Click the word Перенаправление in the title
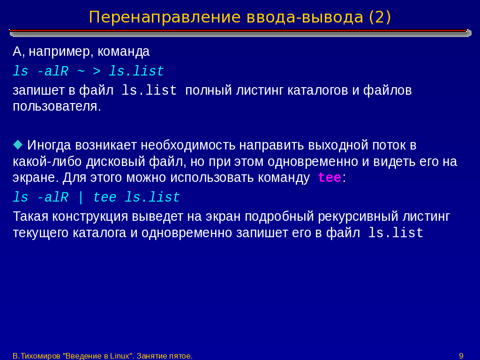coord(165,17)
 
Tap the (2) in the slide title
coord(380,17)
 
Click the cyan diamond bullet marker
coord(18,144)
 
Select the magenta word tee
coord(330,178)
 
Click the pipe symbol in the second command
coord(81,197)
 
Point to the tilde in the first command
coord(81,71)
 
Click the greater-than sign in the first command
coord(97,71)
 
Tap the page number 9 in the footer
coord(461,356)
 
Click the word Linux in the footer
coord(120,356)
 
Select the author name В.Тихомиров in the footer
coord(37,356)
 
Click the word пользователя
coord(57,106)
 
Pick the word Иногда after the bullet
coord(49,145)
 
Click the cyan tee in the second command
coord(105,197)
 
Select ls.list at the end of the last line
coord(396,233)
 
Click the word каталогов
coord(318,90)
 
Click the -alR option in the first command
coord(52,71)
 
